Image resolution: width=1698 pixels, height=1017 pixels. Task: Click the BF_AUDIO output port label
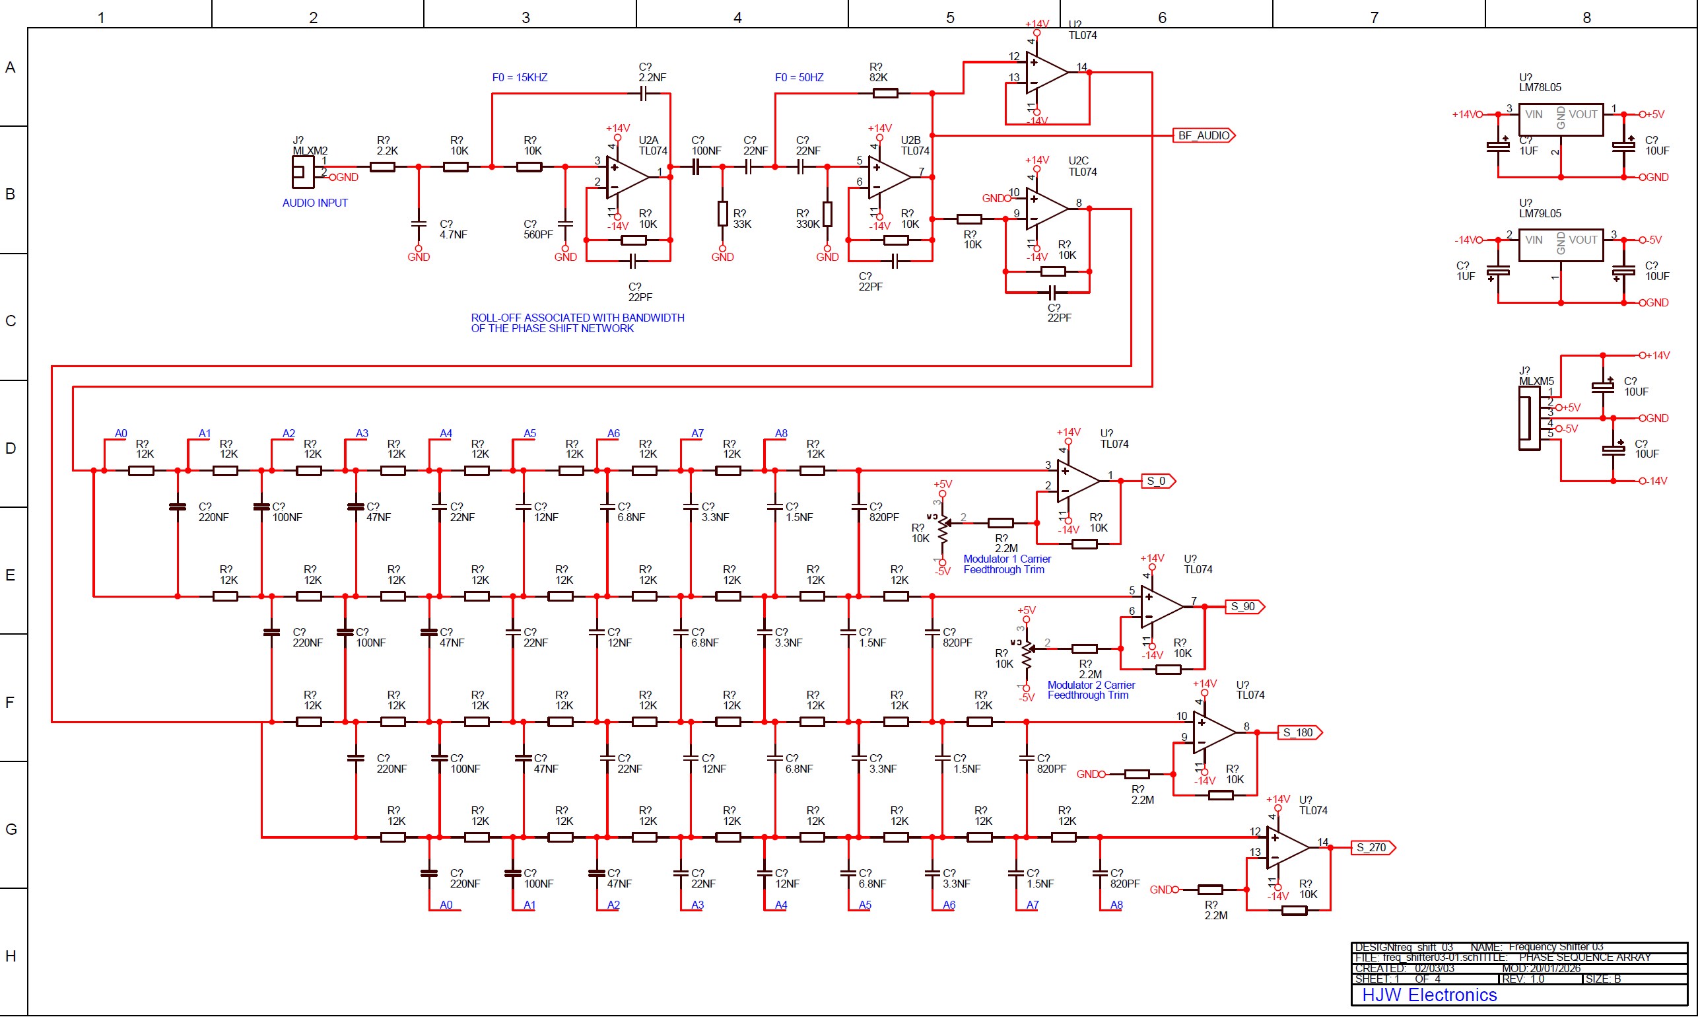(x=1204, y=135)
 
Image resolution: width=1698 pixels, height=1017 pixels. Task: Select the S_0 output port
(x=1157, y=481)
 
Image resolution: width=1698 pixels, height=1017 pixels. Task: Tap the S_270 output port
(x=1371, y=848)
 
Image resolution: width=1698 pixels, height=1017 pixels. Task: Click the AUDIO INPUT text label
(x=314, y=203)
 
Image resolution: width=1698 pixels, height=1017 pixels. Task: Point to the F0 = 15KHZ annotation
(x=519, y=77)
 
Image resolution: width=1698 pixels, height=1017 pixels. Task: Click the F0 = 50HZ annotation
(x=799, y=77)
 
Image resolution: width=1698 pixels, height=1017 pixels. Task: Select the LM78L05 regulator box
(x=1560, y=120)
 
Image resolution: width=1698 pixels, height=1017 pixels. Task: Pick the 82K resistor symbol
(x=885, y=93)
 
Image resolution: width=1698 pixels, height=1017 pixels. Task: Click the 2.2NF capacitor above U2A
(x=643, y=93)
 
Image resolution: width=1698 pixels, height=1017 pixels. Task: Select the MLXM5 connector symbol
(x=1529, y=418)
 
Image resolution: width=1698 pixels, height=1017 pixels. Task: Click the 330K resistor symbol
(x=827, y=214)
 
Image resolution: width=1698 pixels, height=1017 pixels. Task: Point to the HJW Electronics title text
(x=1429, y=995)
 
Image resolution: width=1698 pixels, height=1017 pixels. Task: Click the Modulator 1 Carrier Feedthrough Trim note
(x=1006, y=564)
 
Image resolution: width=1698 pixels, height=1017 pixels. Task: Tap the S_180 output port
(x=1298, y=732)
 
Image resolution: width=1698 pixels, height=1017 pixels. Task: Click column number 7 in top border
(x=1374, y=17)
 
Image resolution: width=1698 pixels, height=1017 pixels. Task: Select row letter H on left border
(x=11, y=956)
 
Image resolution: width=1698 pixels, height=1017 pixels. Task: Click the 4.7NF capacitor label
(x=453, y=230)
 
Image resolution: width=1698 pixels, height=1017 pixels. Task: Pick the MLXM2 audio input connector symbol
(x=302, y=171)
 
